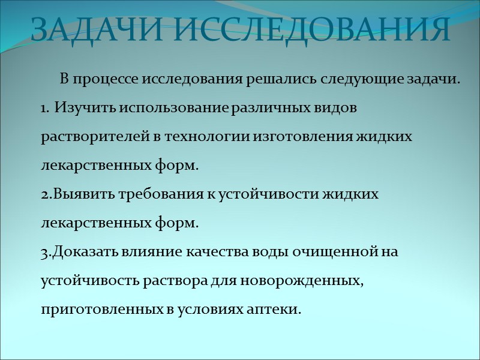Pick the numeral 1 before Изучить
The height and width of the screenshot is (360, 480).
(x=44, y=109)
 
